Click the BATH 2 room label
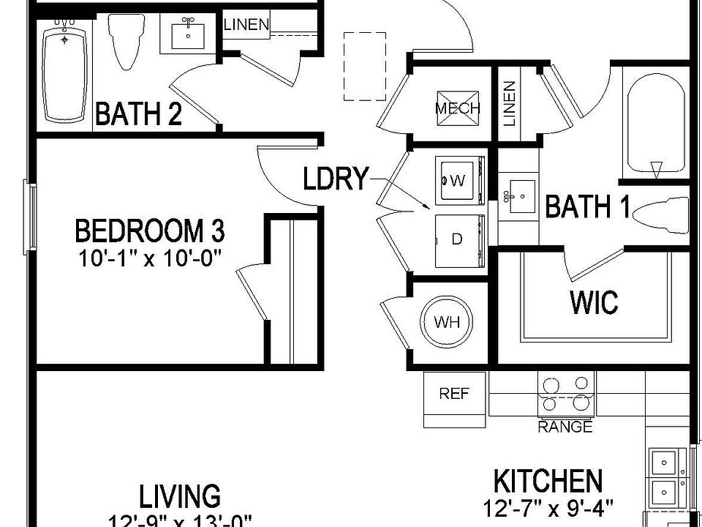point(139,114)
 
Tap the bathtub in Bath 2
point(67,73)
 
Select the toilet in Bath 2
point(125,40)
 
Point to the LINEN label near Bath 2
point(246,25)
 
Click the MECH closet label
point(458,108)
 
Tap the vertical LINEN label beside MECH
point(509,102)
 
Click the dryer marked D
point(458,239)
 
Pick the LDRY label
point(336,179)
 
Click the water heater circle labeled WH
point(447,322)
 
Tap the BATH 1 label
point(587,208)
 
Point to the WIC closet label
point(594,302)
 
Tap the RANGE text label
point(565,427)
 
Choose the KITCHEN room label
point(548,482)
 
